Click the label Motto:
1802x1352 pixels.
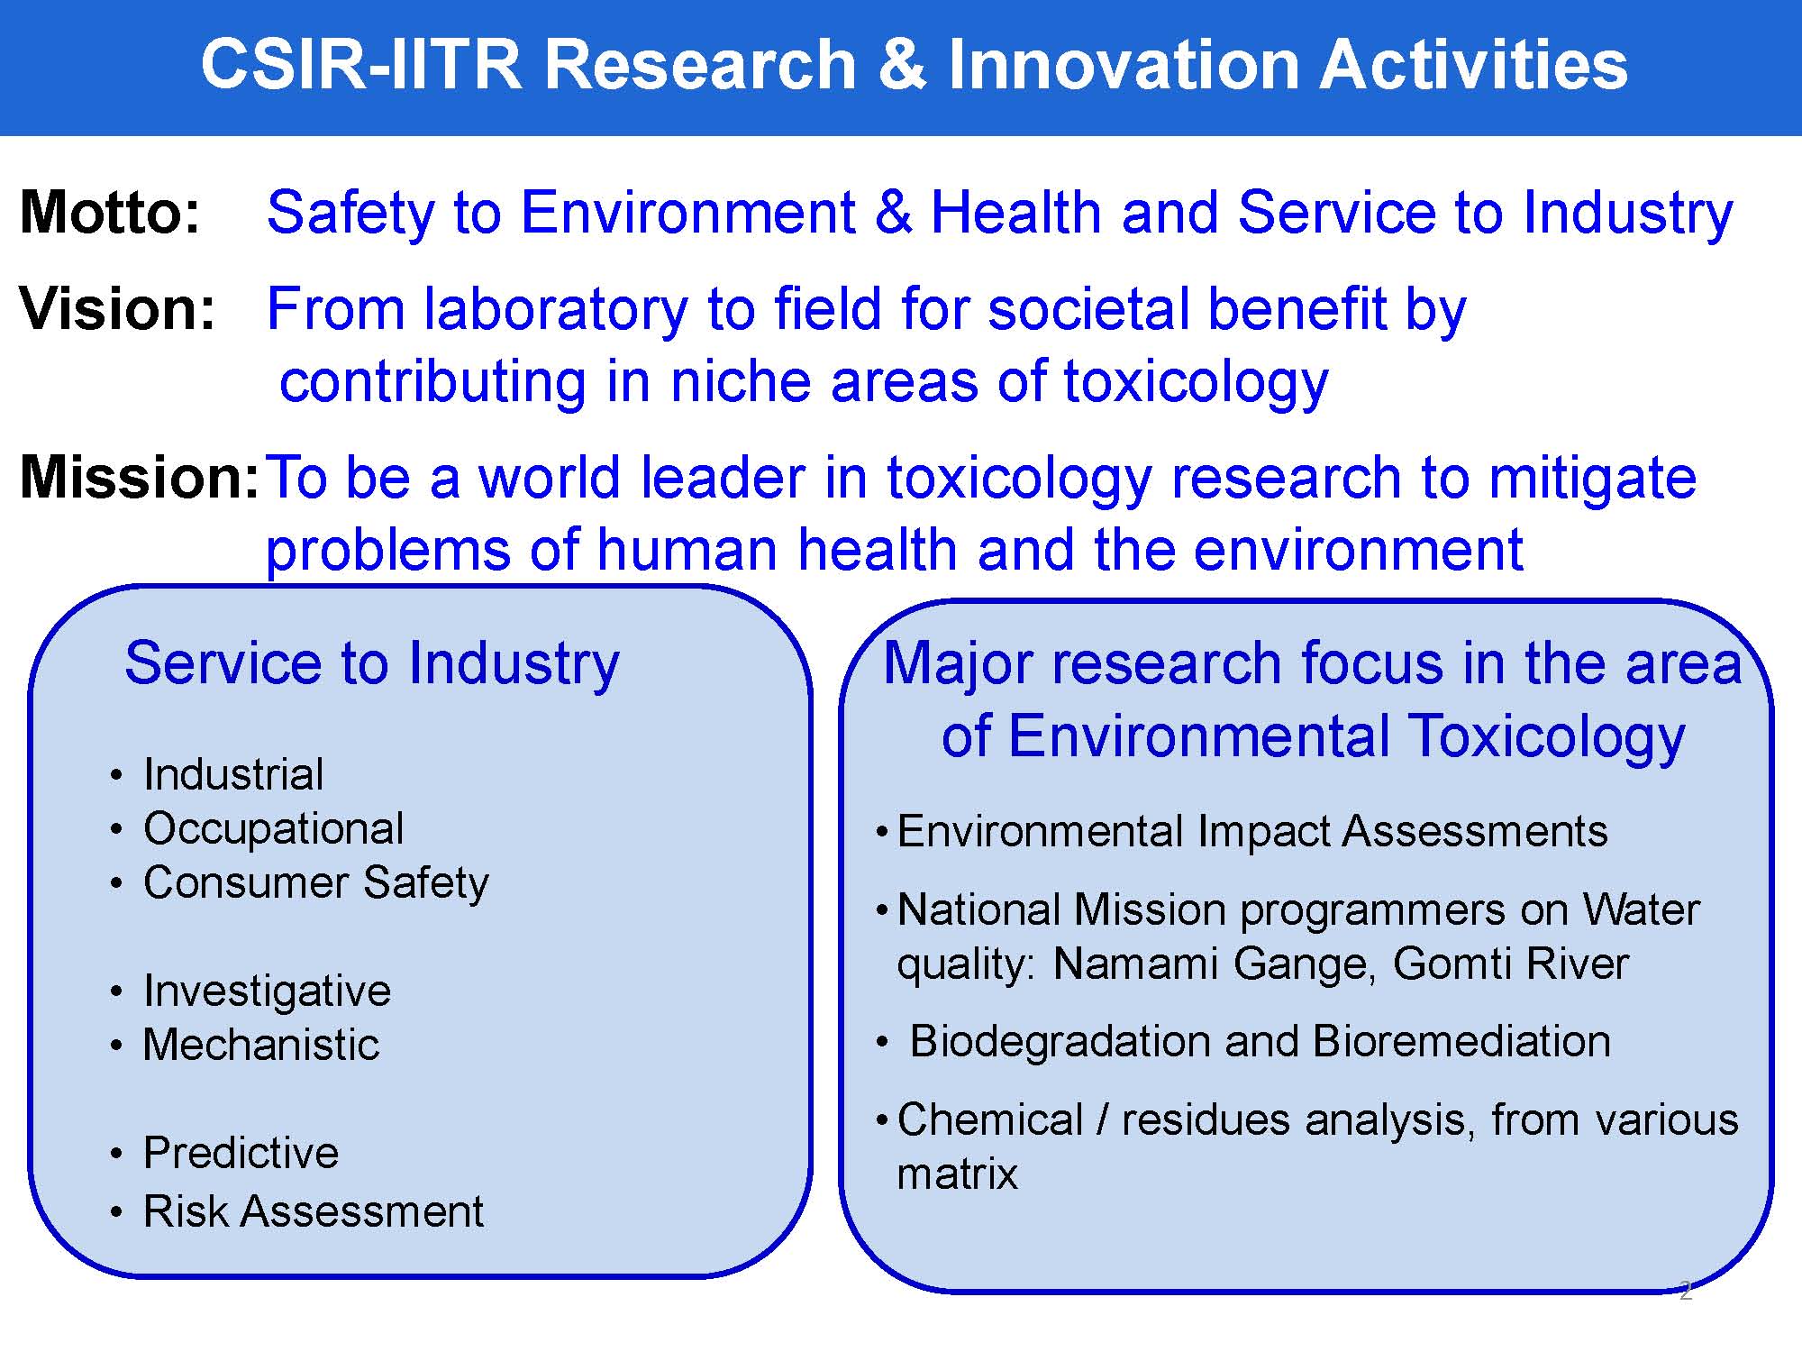[110, 213]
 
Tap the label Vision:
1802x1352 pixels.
[118, 309]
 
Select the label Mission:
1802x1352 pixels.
[140, 477]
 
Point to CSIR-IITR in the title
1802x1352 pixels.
[361, 65]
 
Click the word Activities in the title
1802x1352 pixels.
[1474, 65]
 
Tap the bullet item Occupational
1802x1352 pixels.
[273, 829]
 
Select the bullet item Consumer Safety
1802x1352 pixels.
[315, 883]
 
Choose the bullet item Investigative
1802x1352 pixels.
[267, 991]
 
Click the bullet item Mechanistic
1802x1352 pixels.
[261, 1045]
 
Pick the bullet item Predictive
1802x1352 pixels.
[241, 1153]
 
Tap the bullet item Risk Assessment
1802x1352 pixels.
[314, 1211]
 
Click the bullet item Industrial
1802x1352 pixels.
[233, 775]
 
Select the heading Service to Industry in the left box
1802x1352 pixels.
[372, 664]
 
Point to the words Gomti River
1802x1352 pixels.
[1511, 964]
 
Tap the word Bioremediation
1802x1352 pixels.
[1461, 1042]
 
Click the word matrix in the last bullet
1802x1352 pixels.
[957, 1174]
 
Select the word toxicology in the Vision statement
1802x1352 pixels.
[1196, 382]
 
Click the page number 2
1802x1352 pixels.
[1685, 1291]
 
